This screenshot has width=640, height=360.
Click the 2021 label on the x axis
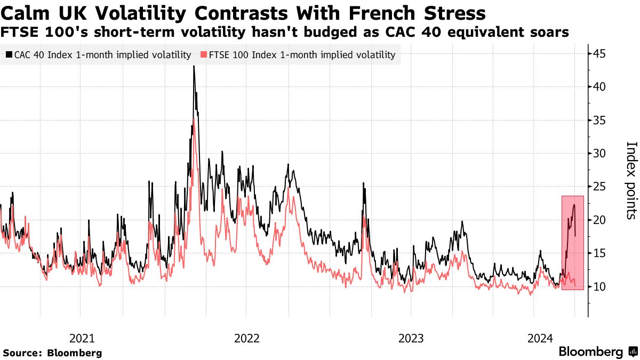(x=82, y=338)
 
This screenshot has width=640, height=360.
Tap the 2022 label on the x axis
(x=246, y=338)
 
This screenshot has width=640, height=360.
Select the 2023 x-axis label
(x=411, y=338)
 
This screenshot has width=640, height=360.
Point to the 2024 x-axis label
(x=540, y=338)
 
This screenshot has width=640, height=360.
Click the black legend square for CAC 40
(x=9, y=54)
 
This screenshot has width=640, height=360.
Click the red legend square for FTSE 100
(x=204, y=54)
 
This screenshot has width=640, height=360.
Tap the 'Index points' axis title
(x=631, y=180)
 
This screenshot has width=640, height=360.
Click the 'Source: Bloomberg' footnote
(x=52, y=353)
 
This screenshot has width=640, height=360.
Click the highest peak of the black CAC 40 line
(x=194, y=67)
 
